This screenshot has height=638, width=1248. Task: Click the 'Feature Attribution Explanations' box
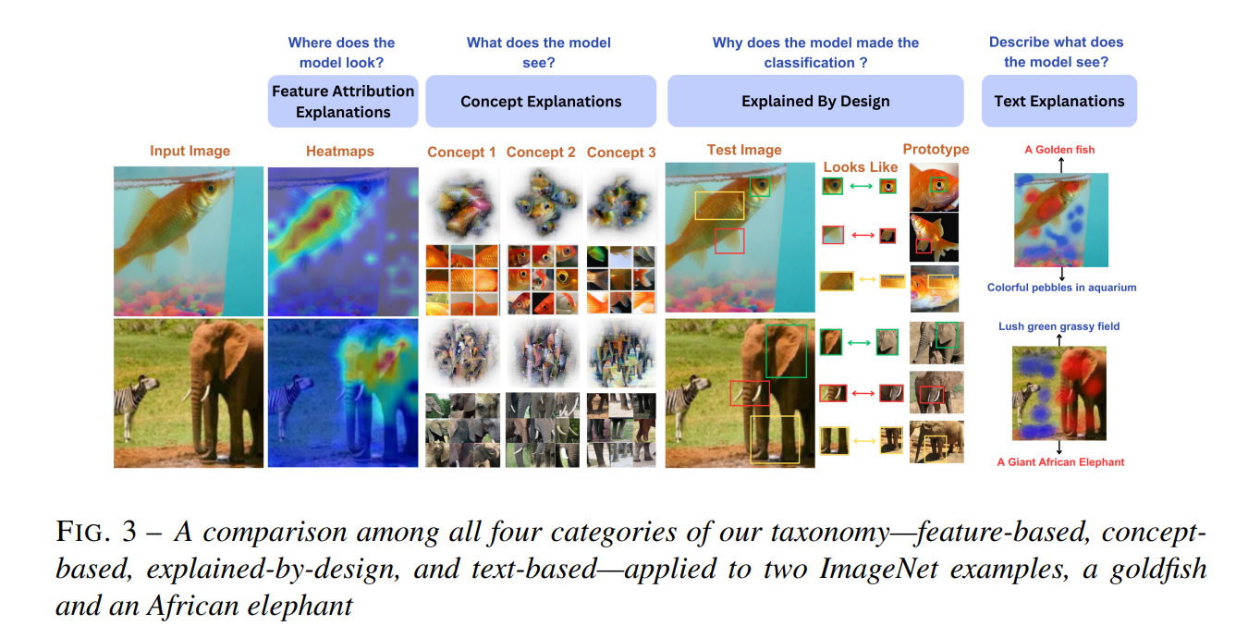pos(343,102)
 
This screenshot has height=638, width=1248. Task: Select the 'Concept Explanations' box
pos(541,102)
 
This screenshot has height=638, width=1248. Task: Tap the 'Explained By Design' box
pos(815,101)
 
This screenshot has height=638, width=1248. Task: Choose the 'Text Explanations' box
pos(1059,101)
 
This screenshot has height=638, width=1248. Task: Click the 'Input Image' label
pos(190,151)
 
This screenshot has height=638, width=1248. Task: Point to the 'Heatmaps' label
pos(340,151)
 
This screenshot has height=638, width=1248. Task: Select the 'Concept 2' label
pos(541,153)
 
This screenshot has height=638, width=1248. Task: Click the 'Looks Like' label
pos(861,166)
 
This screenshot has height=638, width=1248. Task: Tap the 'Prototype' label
pos(936,150)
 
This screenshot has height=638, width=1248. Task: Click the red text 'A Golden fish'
pos(1059,150)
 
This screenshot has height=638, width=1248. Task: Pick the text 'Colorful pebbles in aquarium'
pos(1061,288)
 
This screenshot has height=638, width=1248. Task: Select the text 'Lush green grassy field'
pos(1058,326)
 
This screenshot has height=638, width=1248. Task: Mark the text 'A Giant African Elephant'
pos(1060,462)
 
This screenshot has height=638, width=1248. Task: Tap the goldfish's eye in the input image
pos(211,188)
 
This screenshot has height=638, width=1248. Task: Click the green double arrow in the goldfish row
pos(861,186)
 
